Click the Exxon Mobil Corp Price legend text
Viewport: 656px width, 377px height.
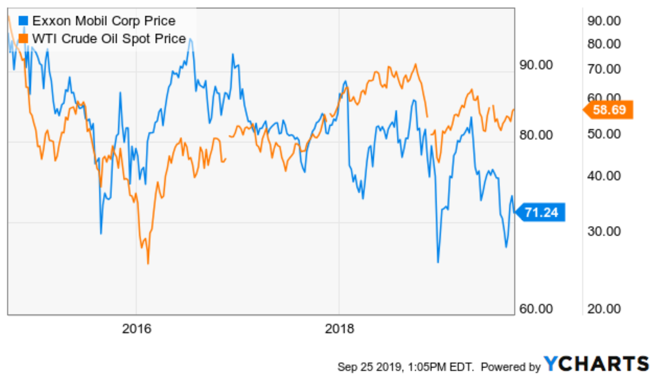point(104,21)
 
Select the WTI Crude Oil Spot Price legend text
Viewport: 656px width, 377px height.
point(109,39)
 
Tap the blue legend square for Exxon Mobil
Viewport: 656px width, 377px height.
point(23,21)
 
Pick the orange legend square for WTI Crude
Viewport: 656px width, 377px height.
point(23,39)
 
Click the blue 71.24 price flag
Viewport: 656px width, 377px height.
point(541,212)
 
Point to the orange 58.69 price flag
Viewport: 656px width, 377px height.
point(609,110)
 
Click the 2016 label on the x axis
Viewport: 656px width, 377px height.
point(136,329)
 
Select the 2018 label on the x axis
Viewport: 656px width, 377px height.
point(339,329)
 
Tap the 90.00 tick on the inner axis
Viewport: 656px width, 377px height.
point(536,65)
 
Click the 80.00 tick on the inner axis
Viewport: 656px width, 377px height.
point(536,135)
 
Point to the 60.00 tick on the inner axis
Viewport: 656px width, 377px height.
point(536,309)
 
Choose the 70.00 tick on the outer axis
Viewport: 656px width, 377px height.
point(604,69)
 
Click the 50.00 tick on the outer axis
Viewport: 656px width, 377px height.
point(604,134)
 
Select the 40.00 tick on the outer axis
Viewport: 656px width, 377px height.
point(604,176)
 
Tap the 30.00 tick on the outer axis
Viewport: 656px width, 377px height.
point(604,231)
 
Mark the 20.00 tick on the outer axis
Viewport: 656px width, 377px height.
point(604,309)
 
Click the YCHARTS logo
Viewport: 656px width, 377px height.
point(596,364)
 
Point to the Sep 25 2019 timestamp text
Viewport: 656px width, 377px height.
point(406,367)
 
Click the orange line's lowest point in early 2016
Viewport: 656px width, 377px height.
point(148,263)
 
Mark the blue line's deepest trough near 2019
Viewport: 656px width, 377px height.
point(438,262)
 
